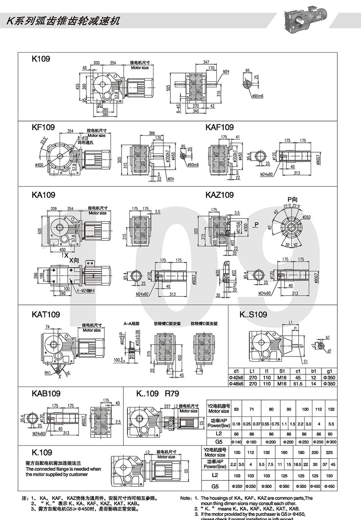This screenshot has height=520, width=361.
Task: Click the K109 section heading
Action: click(x=41, y=59)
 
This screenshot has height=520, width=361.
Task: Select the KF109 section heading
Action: click(x=43, y=127)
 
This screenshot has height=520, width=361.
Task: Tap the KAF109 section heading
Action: click(x=219, y=127)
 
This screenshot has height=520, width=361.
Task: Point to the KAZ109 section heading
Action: click(x=219, y=195)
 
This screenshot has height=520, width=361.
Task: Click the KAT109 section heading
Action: click(x=46, y=314)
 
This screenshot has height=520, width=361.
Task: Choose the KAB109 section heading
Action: click(x=46, y=394)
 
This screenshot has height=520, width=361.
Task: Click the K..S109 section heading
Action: click(x=253, y=314)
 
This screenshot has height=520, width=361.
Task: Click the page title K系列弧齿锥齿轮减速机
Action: click(x=63, y=21)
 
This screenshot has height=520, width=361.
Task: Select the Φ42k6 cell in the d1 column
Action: click(x=236, y=377)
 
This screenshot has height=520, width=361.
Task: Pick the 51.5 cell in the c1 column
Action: click(x=298, y=383)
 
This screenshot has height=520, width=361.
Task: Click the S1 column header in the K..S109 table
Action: click(x=282, y=371)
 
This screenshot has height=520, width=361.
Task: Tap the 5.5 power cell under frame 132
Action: click(x=331, y=424)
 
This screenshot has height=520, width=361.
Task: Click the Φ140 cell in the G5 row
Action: click(x=236, y=442)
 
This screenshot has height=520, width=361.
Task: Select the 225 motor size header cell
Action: click(x=329, y=452)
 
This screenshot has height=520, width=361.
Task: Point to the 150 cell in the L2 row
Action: click(x=329, y=475)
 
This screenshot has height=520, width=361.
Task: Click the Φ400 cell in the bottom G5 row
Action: click(x=315, y=486)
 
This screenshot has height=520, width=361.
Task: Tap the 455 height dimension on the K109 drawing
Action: click(x=78, y=86)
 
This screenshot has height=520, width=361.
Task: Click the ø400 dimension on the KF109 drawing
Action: click(x=39, y=165)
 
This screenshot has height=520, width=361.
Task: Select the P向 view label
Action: click(x=292, y=199)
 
